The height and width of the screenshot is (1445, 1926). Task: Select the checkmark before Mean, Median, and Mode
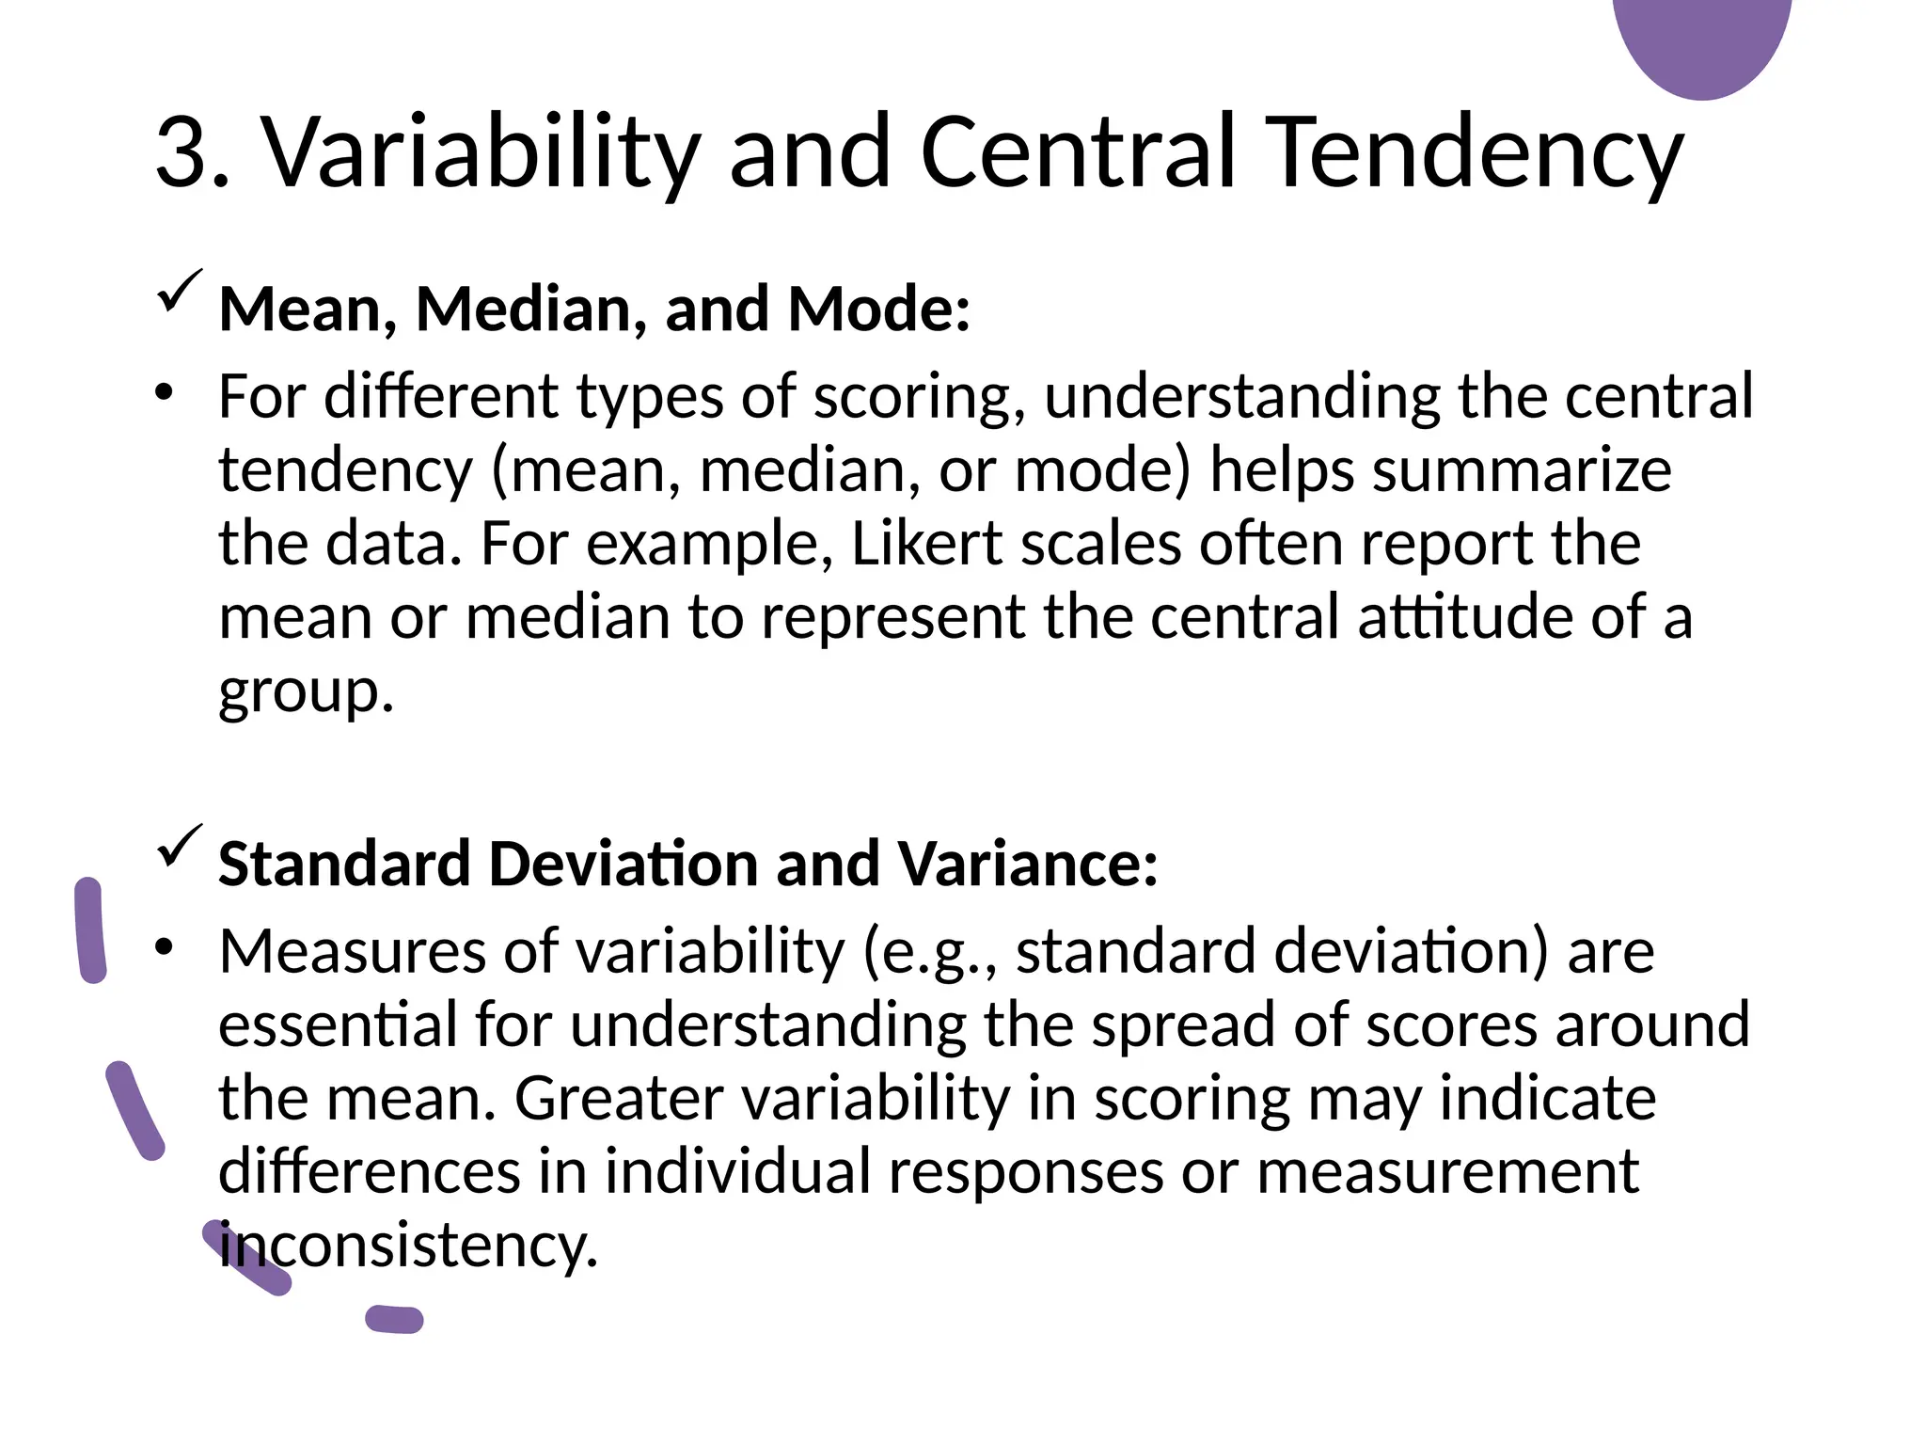(179, 291)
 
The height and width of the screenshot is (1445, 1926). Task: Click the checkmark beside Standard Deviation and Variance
(179, 846)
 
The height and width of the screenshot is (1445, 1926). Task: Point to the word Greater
(620, 1098)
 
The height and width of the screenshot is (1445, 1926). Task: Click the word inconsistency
(408, 1246)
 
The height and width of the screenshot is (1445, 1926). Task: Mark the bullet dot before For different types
(166, 393)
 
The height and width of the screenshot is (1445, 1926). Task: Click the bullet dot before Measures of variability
(166, 948)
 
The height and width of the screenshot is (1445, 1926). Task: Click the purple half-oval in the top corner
(1701, 42)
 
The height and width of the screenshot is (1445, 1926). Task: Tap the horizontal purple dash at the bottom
(395, 1319)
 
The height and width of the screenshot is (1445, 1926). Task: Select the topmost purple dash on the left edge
(90, 929)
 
